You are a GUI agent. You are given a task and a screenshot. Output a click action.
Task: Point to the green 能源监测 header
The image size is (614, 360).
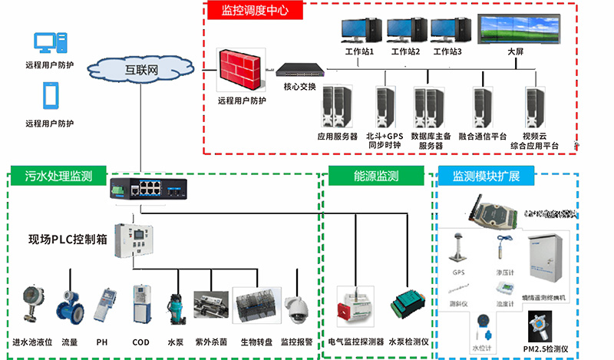[x=376, y=176]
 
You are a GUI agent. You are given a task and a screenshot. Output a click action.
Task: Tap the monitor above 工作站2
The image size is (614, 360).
[x=406, y=31]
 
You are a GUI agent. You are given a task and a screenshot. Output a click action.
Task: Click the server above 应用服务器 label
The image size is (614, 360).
[x=337, y=107]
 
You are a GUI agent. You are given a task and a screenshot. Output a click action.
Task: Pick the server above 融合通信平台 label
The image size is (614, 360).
[x=483, y=107]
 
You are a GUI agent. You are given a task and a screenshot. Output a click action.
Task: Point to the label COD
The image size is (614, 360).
[x=141, y=342]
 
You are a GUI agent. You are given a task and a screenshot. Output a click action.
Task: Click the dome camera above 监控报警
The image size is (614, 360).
[x=295, y=309]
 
